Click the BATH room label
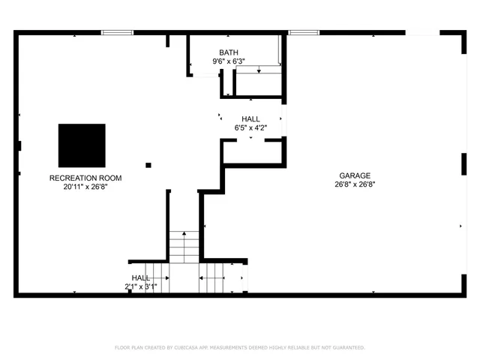pyautogui.click(x=229, y=52)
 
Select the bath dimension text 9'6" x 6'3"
pyautogui.click(x=229, y=61)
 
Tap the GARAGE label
pyautogui.click(x=355, y=175)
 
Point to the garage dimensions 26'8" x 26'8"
pyautogui.click(x=355, y=184)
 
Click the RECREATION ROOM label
pyautogui.click(x=85, y=178)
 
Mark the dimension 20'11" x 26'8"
pyautogui.click(x=85, y=187)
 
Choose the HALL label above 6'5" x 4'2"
pyautogui.click(x=250, y=119)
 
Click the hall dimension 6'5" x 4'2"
pyautogui.click(x=250, y=128)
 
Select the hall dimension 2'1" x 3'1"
pyautogui.click(x=141, y=286)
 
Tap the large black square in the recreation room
pyautogui.click(x=82, y=145)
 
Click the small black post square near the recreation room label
pyautogui.click(x=148, y=165)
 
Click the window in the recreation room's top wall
pyautogui.click(x=117, y=32)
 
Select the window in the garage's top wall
pyautogui.click(x=304, y=32)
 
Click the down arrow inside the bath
pyautogui.click(x=259, y=70)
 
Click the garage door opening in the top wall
pyautogui.click(x=422, y=32)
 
